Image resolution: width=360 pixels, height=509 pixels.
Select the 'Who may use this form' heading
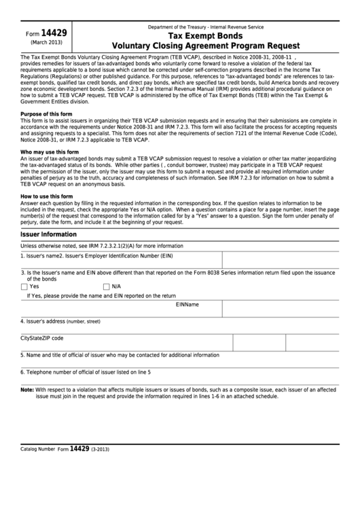point(49,152)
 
